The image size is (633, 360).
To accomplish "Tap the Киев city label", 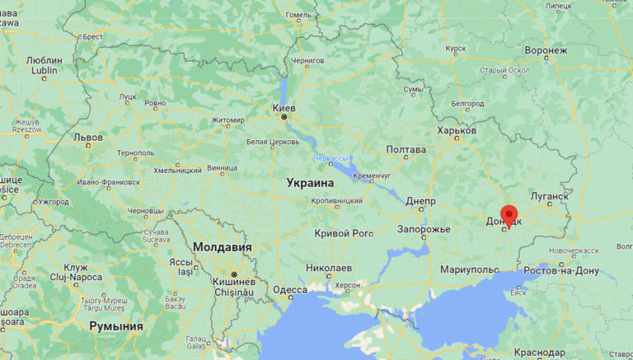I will pos(284,107).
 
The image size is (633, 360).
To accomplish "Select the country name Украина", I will pos(310,183).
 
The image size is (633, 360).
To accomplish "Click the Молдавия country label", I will pos(222,247).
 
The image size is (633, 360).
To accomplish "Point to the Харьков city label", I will pos(457,130).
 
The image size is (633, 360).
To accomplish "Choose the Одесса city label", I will pos(289,289).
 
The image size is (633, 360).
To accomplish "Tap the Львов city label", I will pos(88,137).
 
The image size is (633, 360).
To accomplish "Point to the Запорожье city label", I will pos(424,228).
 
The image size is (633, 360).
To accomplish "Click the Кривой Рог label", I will pos(344,233).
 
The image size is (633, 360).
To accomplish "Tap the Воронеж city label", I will pos(546,50).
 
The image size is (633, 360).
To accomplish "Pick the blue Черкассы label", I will pos(331,158).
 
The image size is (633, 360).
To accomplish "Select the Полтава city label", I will pos(406,149).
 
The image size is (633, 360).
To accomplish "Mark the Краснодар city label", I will pos(562,352).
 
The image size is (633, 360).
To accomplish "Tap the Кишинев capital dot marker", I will pos(234,274).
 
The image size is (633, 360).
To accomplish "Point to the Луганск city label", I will pos(547,196).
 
